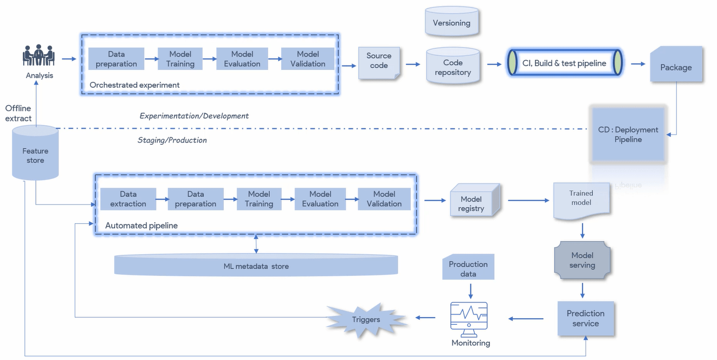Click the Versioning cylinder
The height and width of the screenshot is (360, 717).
(451, 22)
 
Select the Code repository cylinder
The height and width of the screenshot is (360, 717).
(453, 67)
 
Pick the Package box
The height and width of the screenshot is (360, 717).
(676, 67)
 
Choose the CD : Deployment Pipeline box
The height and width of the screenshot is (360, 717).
(628, 134)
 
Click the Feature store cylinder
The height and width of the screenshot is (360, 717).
(35, 155)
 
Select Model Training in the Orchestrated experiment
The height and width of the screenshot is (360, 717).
(180, 59)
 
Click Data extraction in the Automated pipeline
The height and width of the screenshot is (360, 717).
(128, 199)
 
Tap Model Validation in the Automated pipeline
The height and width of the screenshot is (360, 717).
(384, 199)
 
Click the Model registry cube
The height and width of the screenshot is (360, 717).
(471, 202)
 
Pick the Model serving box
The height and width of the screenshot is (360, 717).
(582, 260)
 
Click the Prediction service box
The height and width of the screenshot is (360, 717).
(585, 318)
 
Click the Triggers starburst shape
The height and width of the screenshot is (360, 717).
(366, 319)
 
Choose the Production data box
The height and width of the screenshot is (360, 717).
(468, 268)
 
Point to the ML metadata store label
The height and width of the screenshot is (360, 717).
(256, 266)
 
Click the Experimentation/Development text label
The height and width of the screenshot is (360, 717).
(194, 116)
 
